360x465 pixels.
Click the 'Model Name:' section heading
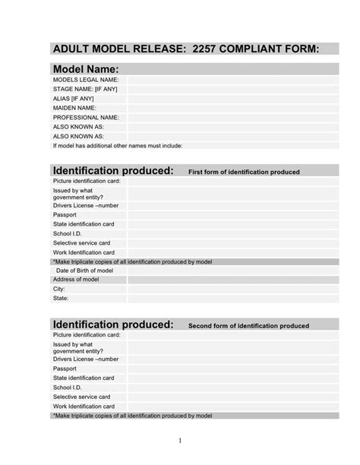click(x=85, y=69)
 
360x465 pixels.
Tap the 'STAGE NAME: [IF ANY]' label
click(x=85, y=89)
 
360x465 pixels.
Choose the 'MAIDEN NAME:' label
click(x=75, y=108)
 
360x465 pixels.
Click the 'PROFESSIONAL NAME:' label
click(x=86, y=118)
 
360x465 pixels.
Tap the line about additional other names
click(x=117, y=145)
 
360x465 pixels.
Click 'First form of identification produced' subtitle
click(x=244, y=172)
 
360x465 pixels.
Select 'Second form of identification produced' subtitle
click(x=248, y=326)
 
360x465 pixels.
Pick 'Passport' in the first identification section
click(x=65, y=215)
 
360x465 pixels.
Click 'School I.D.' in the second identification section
click(x=67, y=387)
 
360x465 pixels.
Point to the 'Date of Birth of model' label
click(x=84, y=270)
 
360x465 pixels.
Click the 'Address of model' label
click(x=76, y=280)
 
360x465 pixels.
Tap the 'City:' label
click(x=59, y=289)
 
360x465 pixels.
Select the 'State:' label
click(x=60, y=298)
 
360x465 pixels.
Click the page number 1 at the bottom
click(x=180, y=440)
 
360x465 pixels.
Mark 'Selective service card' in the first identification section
click(x=81, y=243)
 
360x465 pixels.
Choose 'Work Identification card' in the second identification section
click(x=84, y=406)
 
